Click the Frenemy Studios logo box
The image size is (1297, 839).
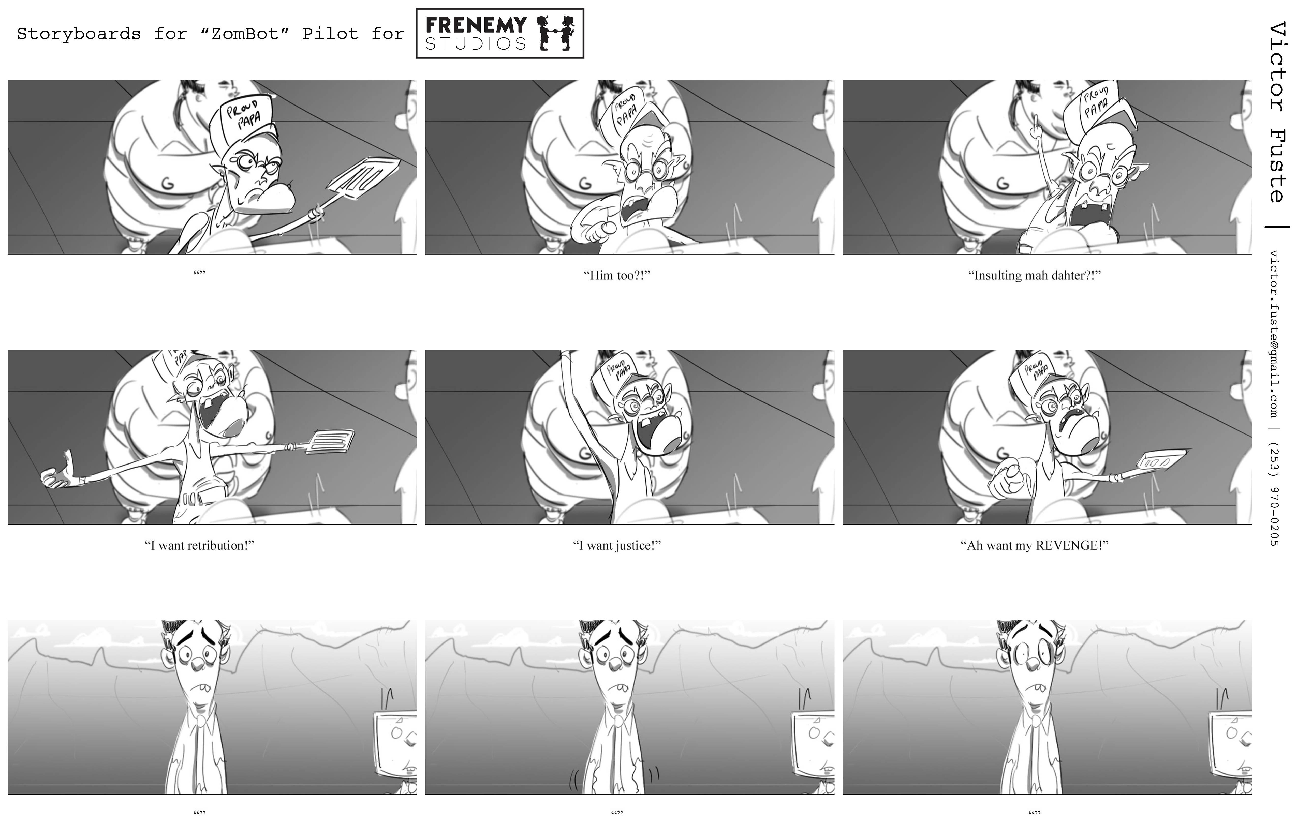click(500, 33)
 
